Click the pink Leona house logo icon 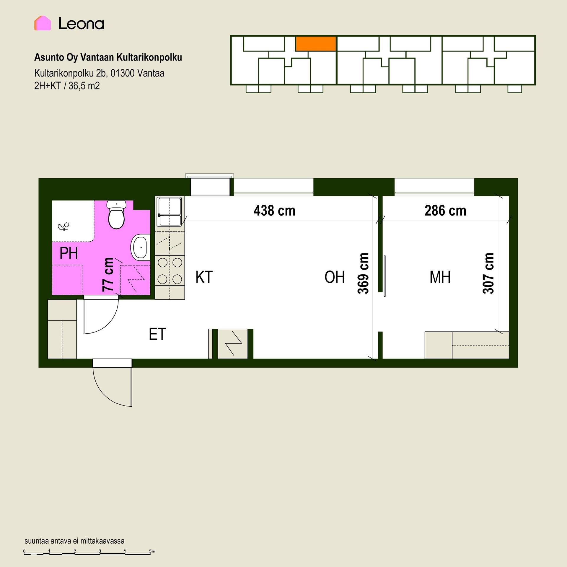(x=43, y=23)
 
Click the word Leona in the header (x=81, y=24)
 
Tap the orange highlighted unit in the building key (x=316, y=43)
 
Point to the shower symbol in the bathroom (x=63, y=227)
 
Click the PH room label (x=69, y=253)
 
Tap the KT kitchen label (x=204, y=277)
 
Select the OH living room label (x=335, y=277)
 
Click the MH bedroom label (x=440, y=277)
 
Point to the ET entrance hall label (x=157, y=334)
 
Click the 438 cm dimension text (x=274, y=211)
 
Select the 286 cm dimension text (x=445, y=211)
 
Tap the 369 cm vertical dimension (x=363, y=273)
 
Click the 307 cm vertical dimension (x=488, y=273)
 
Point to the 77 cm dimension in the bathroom (x=108, y=275)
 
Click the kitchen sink (x=170, y=211)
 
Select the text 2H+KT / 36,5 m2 (x=67, y=86)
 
